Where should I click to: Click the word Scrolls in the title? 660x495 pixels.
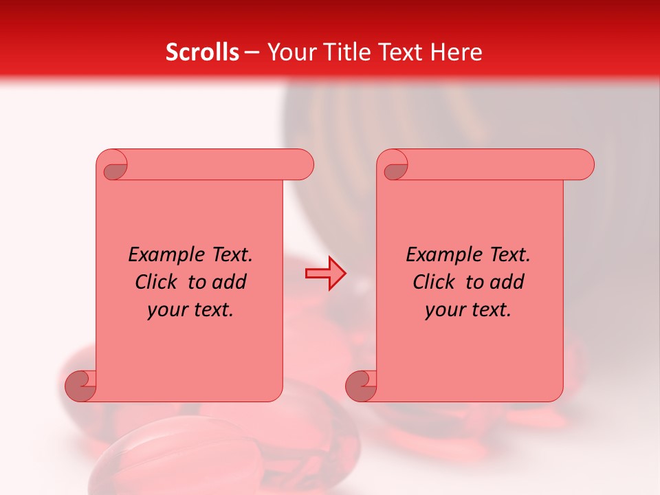click(202, 52)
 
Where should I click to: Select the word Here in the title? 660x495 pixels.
click(456, 52)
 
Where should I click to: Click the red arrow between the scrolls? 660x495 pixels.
click(325, 274)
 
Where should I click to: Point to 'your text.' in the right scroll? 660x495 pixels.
click(468, 310)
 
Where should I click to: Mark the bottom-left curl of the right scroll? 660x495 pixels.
click(361, 386)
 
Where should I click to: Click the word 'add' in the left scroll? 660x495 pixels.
click(230, 282)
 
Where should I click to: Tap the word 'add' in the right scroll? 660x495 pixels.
click(507, 282)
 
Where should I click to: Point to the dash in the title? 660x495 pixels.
click(252, 52)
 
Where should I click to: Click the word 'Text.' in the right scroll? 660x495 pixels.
click(509, 255)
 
